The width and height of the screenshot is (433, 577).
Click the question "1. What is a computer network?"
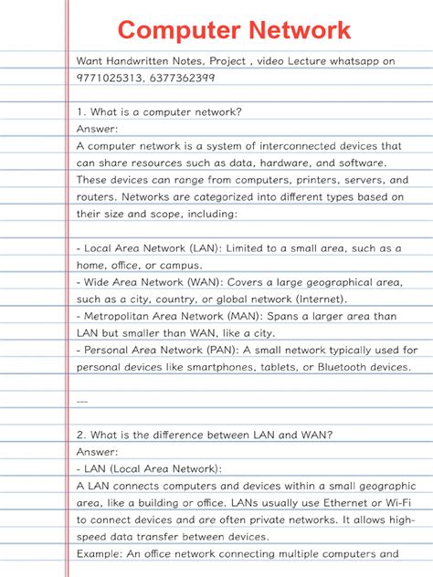pyautogui.click(x=159, y=111)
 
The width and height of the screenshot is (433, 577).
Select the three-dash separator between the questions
pyautogui.click(x=82, y=400)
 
